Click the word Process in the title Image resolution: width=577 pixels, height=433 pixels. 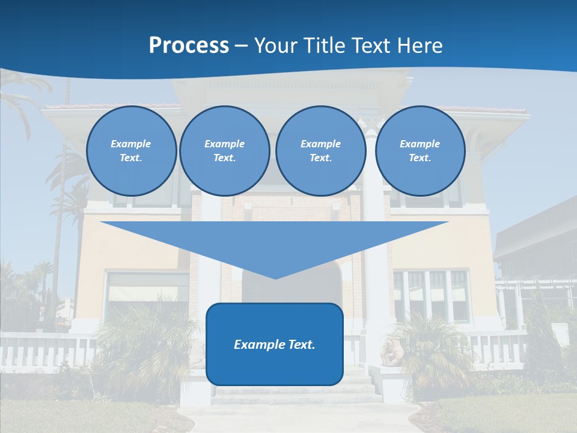click(189, 46)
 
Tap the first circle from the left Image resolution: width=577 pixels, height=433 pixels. click(131, 150)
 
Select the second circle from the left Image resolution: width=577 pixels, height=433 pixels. click(224, 150)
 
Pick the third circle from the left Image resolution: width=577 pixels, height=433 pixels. click(320, 150)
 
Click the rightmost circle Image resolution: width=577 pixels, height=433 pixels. click(420, 150)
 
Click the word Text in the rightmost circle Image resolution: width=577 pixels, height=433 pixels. click(419, 158)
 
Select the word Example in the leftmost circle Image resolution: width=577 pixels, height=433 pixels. click(130, 144)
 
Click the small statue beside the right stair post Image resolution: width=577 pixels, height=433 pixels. click(391, 352)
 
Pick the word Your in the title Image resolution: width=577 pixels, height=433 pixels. click(275, 46)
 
